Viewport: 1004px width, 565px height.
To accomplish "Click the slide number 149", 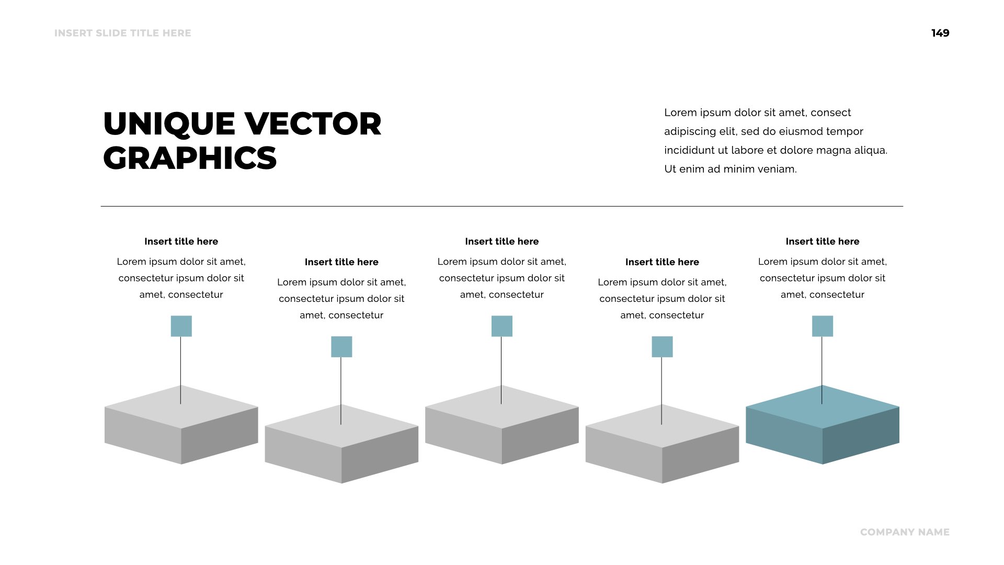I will [940, 33].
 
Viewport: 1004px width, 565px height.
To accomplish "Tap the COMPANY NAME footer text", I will [905, 532].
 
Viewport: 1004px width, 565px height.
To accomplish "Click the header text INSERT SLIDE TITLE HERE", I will [122, 33].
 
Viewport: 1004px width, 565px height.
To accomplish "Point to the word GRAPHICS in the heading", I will [190, 158].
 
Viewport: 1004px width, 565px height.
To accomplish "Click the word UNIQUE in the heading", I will [169, 124].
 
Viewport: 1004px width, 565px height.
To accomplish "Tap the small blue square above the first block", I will [181, 326].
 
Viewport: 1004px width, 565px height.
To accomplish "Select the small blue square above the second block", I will [341, 346].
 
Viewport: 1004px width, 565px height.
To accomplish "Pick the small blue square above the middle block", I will [501, 326].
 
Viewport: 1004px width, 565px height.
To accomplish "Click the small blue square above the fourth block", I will [662, 346].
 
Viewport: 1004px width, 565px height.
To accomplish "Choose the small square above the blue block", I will [822, 326].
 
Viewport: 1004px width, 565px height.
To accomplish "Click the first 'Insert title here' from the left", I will [181, 241].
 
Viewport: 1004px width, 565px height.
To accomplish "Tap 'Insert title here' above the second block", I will [341, 262].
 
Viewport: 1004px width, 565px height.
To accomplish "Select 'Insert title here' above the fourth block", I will [662, 262].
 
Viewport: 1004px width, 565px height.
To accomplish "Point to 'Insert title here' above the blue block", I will [822, 241].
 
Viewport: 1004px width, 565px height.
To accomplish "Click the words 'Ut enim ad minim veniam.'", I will [730, 169].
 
